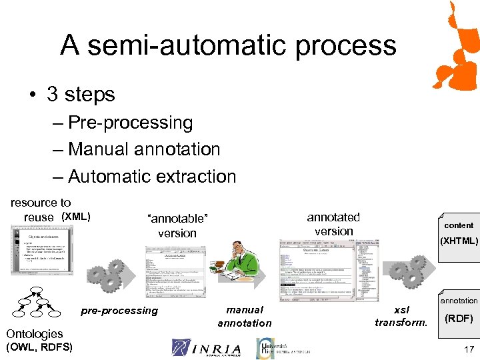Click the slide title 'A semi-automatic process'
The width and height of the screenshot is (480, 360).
coord(228,46)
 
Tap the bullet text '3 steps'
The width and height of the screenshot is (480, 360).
coord(81,94)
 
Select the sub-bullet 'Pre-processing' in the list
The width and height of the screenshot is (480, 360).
coord(130,123)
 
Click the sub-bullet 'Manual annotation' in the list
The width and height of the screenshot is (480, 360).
coord(143,149)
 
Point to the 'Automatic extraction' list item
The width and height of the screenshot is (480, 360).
coord(152,177)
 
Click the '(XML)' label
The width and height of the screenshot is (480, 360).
coord(76,217)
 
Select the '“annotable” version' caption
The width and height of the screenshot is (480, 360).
coord(177,226)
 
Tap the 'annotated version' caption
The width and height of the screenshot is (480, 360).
coord(333,224)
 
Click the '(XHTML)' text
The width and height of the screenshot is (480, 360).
coord(459,241)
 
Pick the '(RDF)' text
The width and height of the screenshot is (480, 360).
coord(459,319)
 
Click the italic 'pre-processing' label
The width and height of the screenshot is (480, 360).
coord(119,310)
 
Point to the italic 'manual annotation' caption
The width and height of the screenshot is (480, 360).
coord(245,316)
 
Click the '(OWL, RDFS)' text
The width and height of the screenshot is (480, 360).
coord(39,347)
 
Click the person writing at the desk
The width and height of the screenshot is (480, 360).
coord(228,271)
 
